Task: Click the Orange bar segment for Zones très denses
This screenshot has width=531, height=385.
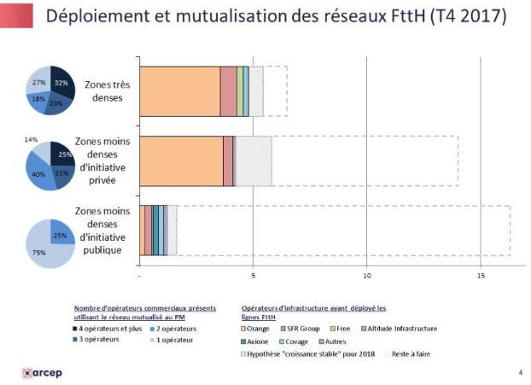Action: (179, 91)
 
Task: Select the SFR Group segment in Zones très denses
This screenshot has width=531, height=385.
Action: (228, 91)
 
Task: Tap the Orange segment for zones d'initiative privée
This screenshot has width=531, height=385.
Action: (180, 160)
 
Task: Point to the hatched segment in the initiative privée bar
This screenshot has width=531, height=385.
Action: (254, 160)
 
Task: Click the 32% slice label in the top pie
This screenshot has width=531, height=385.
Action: (61, 83)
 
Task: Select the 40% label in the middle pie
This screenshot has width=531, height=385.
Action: (38, 173)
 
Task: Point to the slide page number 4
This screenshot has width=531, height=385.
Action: (520, 372)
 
